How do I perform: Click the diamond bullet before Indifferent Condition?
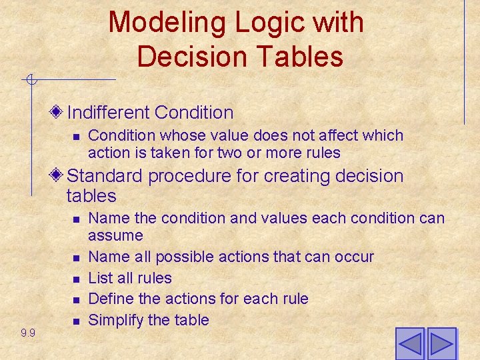[58, 111]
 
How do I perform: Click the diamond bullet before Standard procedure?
[58, 175]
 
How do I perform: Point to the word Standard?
[105, 176]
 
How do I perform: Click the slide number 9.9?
[28, 333]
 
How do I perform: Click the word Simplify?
[116, 320]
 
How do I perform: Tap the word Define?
[111, 298]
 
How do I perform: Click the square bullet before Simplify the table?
[76, 321]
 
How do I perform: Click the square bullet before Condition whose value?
[76, 136]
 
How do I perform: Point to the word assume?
[115, 235]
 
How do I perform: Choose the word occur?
[356, 257]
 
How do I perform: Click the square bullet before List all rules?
[76, 279]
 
